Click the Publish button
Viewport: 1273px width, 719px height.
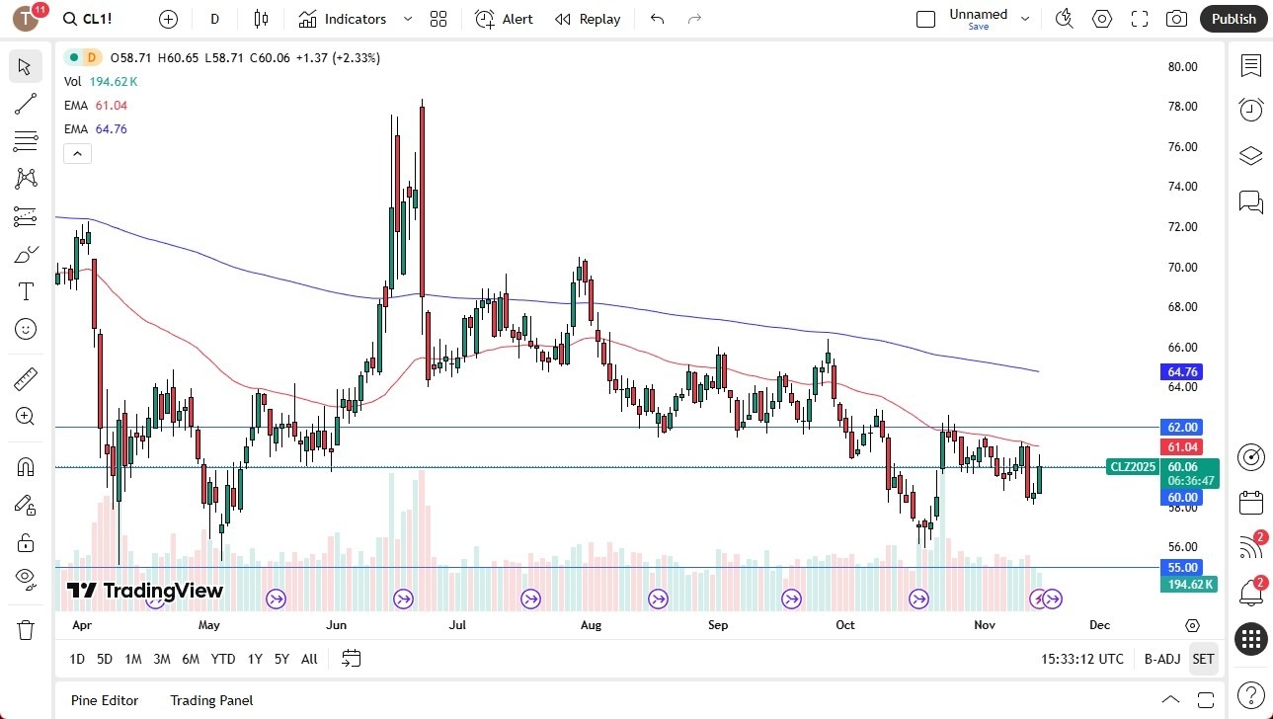tap(1233, 19)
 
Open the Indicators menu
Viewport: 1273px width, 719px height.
tap(343, 19)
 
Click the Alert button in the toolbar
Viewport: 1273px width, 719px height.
tap(504, 19)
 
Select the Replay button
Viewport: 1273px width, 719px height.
tap(588, 19)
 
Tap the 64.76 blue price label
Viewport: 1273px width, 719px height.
tap(1182, 372)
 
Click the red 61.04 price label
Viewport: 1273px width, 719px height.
tap(1182, 447)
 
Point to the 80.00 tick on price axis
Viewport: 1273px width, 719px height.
tap(1182, 67)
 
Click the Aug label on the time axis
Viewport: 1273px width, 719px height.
tap(591, 625)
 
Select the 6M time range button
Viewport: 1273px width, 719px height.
tap(191, 659)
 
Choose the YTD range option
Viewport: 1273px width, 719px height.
tap(223, 659)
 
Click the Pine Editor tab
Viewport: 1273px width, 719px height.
tap(105, 700)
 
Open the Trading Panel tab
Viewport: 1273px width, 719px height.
tap(211, 700)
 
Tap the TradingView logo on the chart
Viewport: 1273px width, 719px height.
tap(145, 591)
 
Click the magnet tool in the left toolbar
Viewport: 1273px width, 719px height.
tap(26, 467)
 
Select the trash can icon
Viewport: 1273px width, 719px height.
tap(26, 629)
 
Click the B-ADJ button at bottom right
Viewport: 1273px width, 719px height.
tap(1162, 659)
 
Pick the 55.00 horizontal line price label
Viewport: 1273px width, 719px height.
tap(1182, 568)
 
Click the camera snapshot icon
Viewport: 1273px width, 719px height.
tap(1176, 19)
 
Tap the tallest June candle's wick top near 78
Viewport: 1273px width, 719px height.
tap(422, 101)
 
